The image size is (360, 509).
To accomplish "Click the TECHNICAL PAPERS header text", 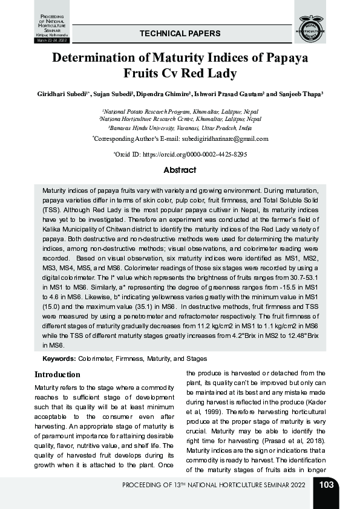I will tap(180, 34).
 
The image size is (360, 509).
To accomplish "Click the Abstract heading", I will tap(180, 170).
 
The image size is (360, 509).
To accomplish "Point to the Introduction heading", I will tap(57, 375).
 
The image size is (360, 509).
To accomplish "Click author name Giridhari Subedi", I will tap(63, 95).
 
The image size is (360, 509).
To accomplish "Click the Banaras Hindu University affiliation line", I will tap(180, 128).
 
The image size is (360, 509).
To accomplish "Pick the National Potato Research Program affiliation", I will tap(180, 112).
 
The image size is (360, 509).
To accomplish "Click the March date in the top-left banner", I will tap(52, 40).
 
